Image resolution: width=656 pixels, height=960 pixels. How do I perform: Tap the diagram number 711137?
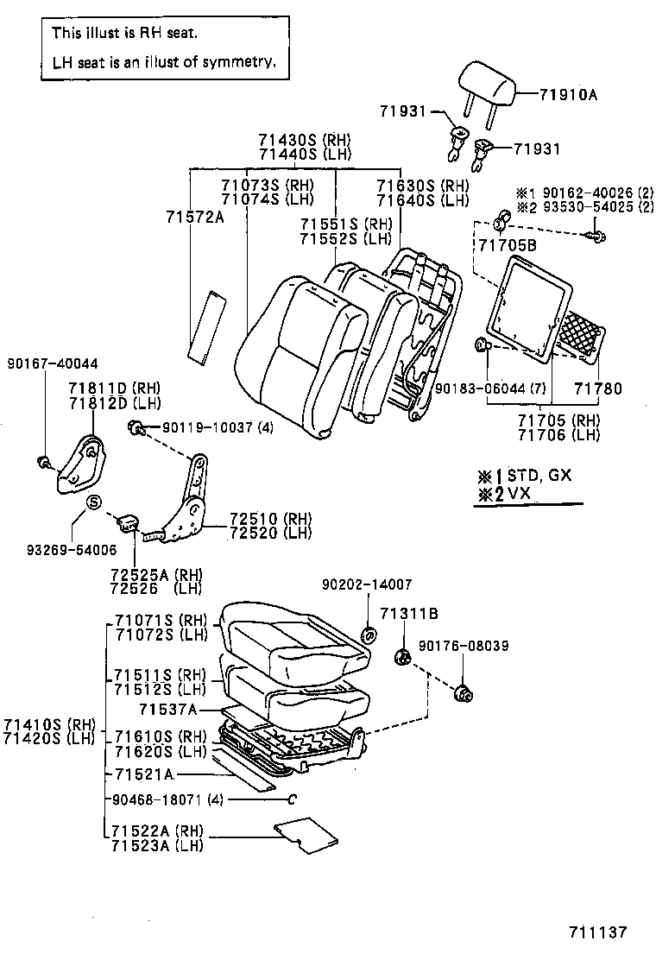pyautogui.click(x=596, y=932)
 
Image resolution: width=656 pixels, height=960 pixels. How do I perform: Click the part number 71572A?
pyautogui.click(x=194, y=217)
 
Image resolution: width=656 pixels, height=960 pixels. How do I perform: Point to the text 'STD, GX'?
pyautogui.click(x=539, y=475)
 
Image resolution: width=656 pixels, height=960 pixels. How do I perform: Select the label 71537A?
pyautogui.click(x=168, y=710)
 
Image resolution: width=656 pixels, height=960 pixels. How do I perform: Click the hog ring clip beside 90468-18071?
pyautogui.click(x=292, y=799)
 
